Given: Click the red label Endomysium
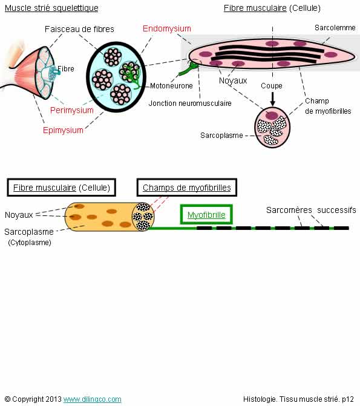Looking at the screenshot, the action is tap(167, 28).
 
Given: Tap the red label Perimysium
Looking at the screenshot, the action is tap(72, 110).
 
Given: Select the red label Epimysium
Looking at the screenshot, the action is tap(63, 130).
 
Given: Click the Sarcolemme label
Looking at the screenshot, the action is tap(335, 28).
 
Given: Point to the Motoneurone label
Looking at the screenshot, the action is tap(171, 86).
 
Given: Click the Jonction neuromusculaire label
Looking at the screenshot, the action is tap(190, 103).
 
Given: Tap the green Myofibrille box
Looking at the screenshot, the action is tap(206, 214).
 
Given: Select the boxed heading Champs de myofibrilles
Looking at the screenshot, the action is tap(187, 187).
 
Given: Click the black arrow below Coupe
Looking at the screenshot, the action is tap(272, 99).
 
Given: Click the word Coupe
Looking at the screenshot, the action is tap(272, 86).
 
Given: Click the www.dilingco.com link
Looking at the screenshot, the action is tap(92, 399).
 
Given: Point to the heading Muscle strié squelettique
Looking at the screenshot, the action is tap(51, 8).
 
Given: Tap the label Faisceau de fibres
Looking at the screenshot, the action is tap(79, 29).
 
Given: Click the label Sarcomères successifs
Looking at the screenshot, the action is tap(311, 210).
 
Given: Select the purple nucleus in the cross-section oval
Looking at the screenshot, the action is tap(272, 115).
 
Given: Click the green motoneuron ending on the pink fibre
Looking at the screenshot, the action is tap(191, 67).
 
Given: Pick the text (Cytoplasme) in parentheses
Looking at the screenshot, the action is tap(30, 243).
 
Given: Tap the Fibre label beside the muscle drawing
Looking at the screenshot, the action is tap(66, 69).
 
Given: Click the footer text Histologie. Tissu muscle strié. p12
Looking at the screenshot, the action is tap(298, 399).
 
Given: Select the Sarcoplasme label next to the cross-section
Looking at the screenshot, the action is tap(221, 136).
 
